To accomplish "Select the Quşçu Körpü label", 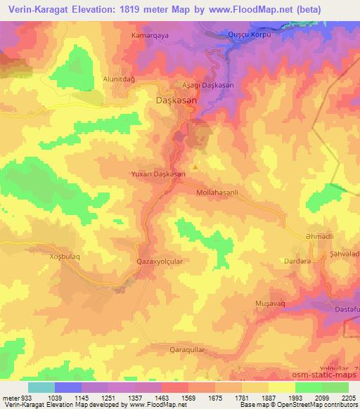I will tap(252, 34).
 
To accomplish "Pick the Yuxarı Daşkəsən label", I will tap(160, 174).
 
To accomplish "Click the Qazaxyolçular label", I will tap(160, 260).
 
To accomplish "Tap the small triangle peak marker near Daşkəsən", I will tap(195, 166).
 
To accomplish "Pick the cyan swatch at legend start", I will tap(41, 387).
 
